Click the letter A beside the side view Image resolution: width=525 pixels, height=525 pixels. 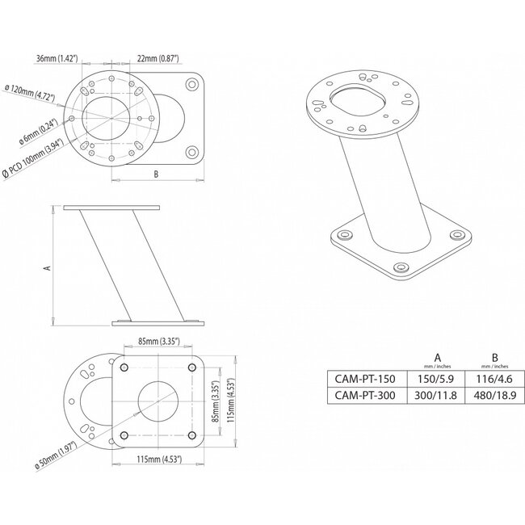coord(46,267)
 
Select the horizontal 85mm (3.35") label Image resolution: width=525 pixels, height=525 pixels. coord(158,341)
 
